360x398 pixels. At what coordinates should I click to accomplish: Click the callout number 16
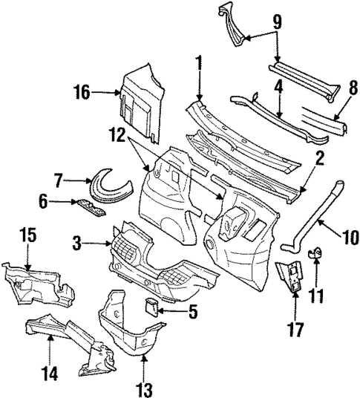[82, 93]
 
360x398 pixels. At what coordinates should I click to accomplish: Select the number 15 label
[26, 236]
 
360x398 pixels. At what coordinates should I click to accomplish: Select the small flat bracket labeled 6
[87, 205]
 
